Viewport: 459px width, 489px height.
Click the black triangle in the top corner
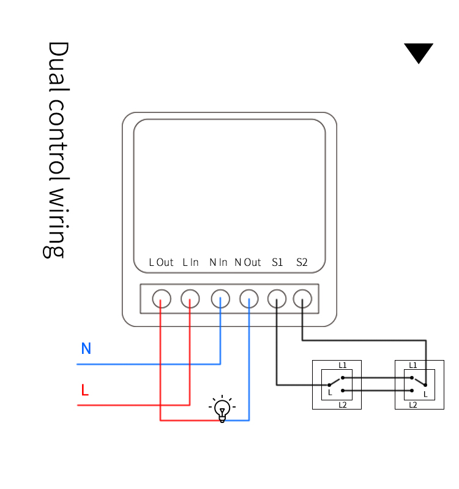(x=419, y=52)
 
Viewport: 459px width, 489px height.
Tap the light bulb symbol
(x=222, y=409)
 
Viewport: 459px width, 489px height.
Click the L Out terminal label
(x=162, y=263)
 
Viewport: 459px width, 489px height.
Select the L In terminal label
(x=190, y=263)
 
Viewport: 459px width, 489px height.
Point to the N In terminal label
(x=218, y=263)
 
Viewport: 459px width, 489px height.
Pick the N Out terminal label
(x=248, y=263)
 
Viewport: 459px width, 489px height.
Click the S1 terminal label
(x=277, y=263)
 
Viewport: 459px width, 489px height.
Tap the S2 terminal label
(x=302, y=263)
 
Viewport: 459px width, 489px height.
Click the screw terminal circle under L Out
(x=161, y=299)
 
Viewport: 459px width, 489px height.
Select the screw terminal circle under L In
(x=190, y=299)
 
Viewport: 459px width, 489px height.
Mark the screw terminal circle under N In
(x=220, y=299)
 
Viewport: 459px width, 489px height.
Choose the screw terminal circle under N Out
(x=248, y=299)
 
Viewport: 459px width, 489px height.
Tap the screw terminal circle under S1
(x=277, y=299)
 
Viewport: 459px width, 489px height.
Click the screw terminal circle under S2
(x=302, y=299)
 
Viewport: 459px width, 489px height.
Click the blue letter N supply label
(x=86, y=349)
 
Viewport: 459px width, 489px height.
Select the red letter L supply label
(x=85, y=390)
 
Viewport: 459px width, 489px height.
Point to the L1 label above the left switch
(x=343, y=366)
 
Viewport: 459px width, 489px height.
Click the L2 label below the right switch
(x=413, y=405)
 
